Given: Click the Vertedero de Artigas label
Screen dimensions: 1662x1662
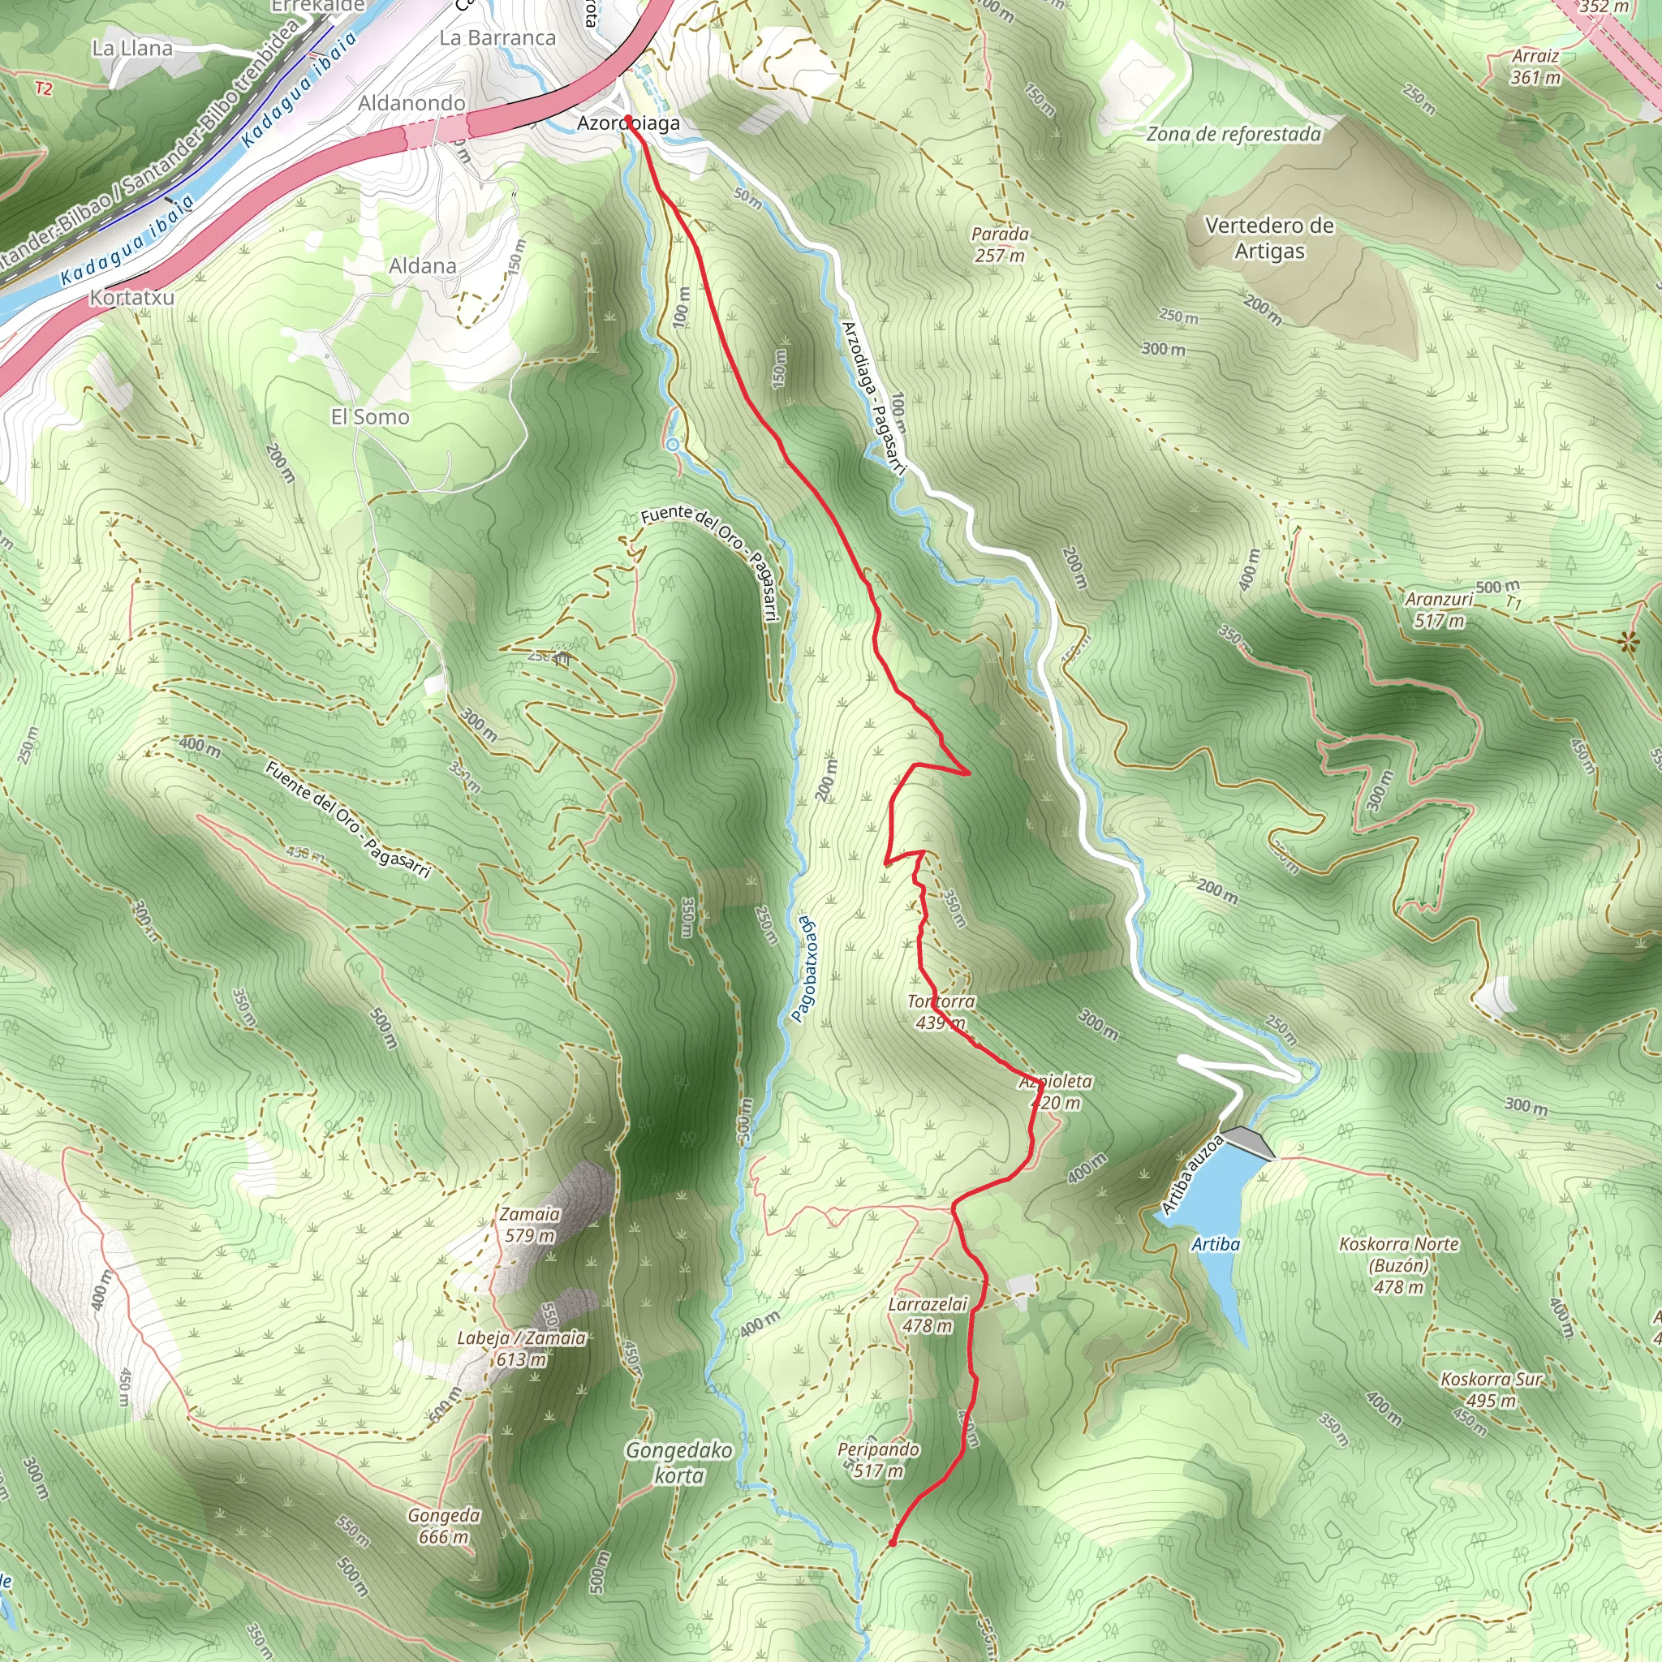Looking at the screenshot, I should [1269, 239].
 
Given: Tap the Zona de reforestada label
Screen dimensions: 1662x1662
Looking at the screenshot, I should [1233, 134].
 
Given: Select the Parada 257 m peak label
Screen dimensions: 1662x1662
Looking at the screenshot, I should [1000, 244].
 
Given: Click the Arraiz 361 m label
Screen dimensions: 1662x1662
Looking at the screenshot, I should [1535, 67].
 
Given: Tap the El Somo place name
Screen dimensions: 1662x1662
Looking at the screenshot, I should [370, 417].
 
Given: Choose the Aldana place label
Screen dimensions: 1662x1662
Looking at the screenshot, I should [421, 266].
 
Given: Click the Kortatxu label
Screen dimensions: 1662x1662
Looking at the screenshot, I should [131, 298].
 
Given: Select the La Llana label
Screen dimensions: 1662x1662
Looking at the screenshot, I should [131, 48].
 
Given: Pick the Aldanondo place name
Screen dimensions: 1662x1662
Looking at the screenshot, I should [411, 103].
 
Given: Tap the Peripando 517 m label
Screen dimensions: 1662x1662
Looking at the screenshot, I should [878, 1460].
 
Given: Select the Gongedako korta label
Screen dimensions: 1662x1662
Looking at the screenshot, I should [678, 1462].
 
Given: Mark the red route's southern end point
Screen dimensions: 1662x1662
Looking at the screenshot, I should [892, 1543].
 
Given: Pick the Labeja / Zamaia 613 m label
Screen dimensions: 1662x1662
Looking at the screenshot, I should [521, 1349].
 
